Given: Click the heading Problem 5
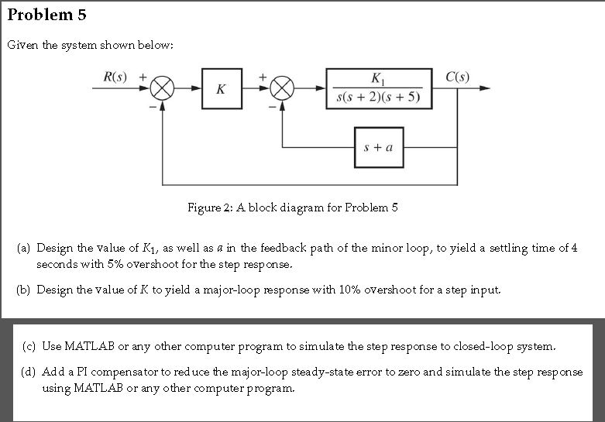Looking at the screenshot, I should [x=47, y=15].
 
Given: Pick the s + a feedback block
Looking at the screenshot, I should [x=379, y=146].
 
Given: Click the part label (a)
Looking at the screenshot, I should [x=25, y=249].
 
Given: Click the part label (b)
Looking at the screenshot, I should [x=25, y=290].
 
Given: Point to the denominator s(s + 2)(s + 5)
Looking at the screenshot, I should [x=375, y=97].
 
